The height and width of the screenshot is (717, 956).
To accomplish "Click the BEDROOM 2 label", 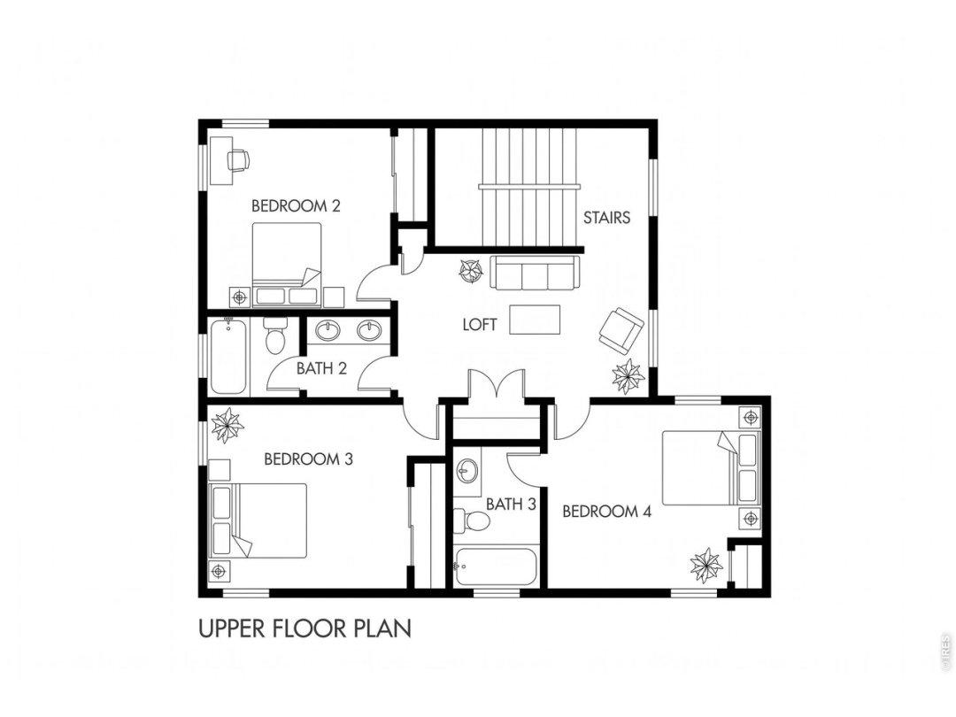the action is [x=296, y=206].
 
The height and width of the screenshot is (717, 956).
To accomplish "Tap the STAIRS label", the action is [x=606, y=218].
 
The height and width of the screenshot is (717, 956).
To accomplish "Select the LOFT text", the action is [x=480, y=325].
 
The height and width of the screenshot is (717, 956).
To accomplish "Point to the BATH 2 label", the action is [x=322, y=369].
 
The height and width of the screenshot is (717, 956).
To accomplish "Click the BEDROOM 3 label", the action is [x=309, y=459].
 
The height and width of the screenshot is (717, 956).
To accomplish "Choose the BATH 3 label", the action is [x=511, y=505].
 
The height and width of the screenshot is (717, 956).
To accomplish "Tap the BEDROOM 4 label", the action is [x=606, y=512].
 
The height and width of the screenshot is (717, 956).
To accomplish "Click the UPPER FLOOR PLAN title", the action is [x=305, y=628].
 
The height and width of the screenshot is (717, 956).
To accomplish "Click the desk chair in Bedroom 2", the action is [x=238, y=159].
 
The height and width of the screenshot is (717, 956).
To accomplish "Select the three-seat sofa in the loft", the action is [x=534, y=273].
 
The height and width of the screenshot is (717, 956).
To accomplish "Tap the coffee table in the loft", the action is [x=535, y=320].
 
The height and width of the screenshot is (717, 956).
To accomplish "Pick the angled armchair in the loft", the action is [x=621, y=329].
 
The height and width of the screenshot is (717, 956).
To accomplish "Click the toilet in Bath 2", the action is [x=275, y=336].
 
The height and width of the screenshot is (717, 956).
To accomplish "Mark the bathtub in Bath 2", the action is [x=228, y=358].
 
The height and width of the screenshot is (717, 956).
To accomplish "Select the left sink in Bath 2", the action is [x=328, y=330].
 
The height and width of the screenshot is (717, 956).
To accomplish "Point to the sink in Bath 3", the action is [x=468, y=470].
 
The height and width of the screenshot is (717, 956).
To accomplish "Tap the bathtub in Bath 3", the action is [x=496, y=567].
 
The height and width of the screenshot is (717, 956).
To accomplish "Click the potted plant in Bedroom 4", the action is [x=706, y=566].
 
